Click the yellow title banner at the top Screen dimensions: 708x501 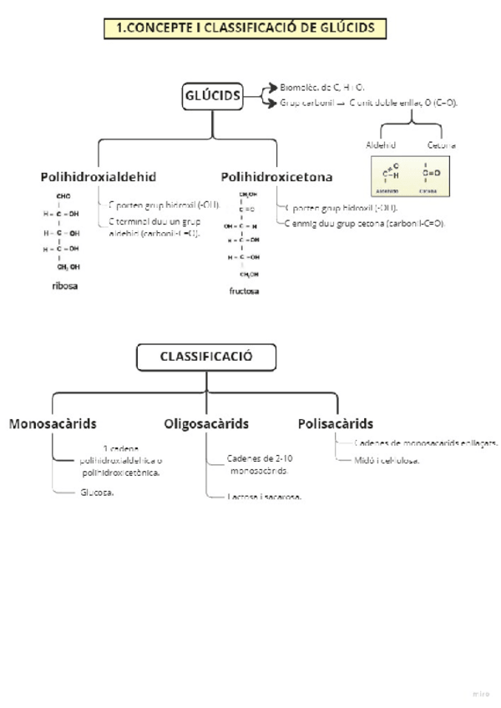click(x=245, y=28)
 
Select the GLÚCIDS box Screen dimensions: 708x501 click(x=212, y=97)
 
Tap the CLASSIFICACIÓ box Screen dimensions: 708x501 click(x=206, y=357)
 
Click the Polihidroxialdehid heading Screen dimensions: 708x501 click(x=99, y=177)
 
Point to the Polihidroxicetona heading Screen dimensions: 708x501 click(x=276, y=177)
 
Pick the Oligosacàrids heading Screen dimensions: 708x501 click(x=206, y=423)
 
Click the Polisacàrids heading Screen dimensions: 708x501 click(x=336, y=423)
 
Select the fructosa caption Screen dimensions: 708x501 click(x=245, y=291)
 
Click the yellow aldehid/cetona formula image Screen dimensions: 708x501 click(x=410, y=176)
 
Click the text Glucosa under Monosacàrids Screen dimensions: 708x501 click(x=97, y=493)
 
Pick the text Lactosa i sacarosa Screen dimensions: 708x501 click(x=264, y=497)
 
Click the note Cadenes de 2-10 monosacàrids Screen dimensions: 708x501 click(x=260, y=464)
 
